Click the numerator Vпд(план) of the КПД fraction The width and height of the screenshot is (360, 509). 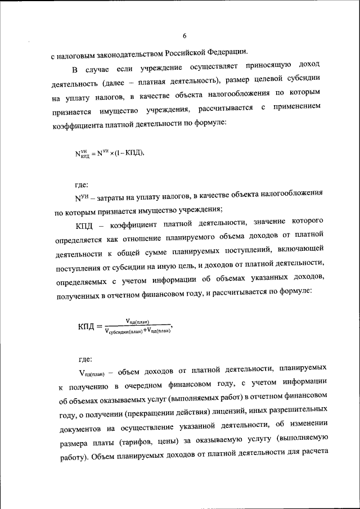point(136,321)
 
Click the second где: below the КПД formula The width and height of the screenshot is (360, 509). point(85,358)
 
